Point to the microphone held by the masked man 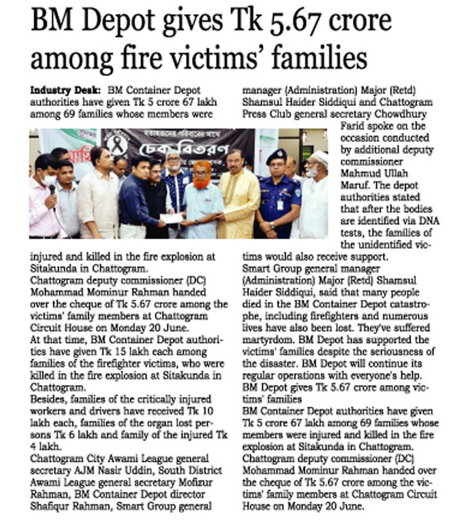tap(51, 191)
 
